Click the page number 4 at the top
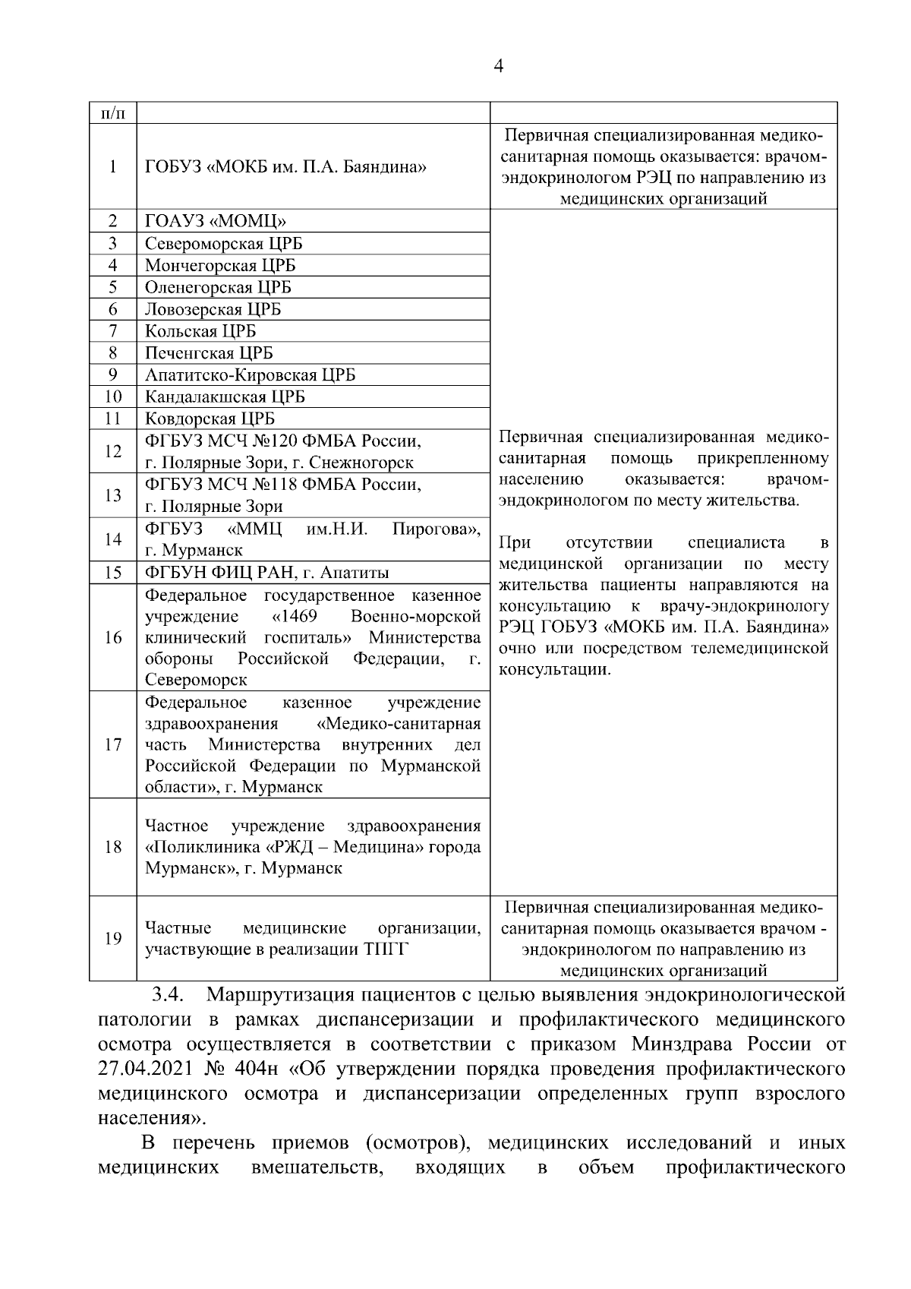(498, 66)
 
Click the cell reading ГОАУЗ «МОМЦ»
(216, 222)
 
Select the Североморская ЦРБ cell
(224, 244)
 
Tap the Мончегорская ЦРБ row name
(220, 266)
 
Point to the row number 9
(112, 375)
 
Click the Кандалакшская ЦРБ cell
(225, 397)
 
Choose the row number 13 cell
(112, 496)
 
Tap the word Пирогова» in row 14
(436, 529)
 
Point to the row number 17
(112, 744)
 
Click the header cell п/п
(112, 113)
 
